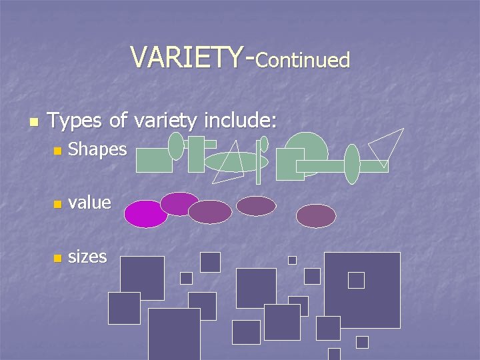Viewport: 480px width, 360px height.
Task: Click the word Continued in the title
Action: (x=303, y=61)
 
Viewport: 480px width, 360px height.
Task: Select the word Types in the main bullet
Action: (x=75, y=121)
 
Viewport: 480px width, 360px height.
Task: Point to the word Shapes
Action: (x=97, y=150)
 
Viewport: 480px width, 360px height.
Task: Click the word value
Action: (x=89, y=202)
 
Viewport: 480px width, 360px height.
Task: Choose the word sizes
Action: (x=87, y=256)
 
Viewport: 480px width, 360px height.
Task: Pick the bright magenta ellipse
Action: (x=145, y=214)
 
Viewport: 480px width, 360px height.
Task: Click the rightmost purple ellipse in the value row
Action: (x=316, y=216)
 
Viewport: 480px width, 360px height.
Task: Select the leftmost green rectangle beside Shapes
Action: (x=154, y=160)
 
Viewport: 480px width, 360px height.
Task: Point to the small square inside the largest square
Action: (x=356, y=281)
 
